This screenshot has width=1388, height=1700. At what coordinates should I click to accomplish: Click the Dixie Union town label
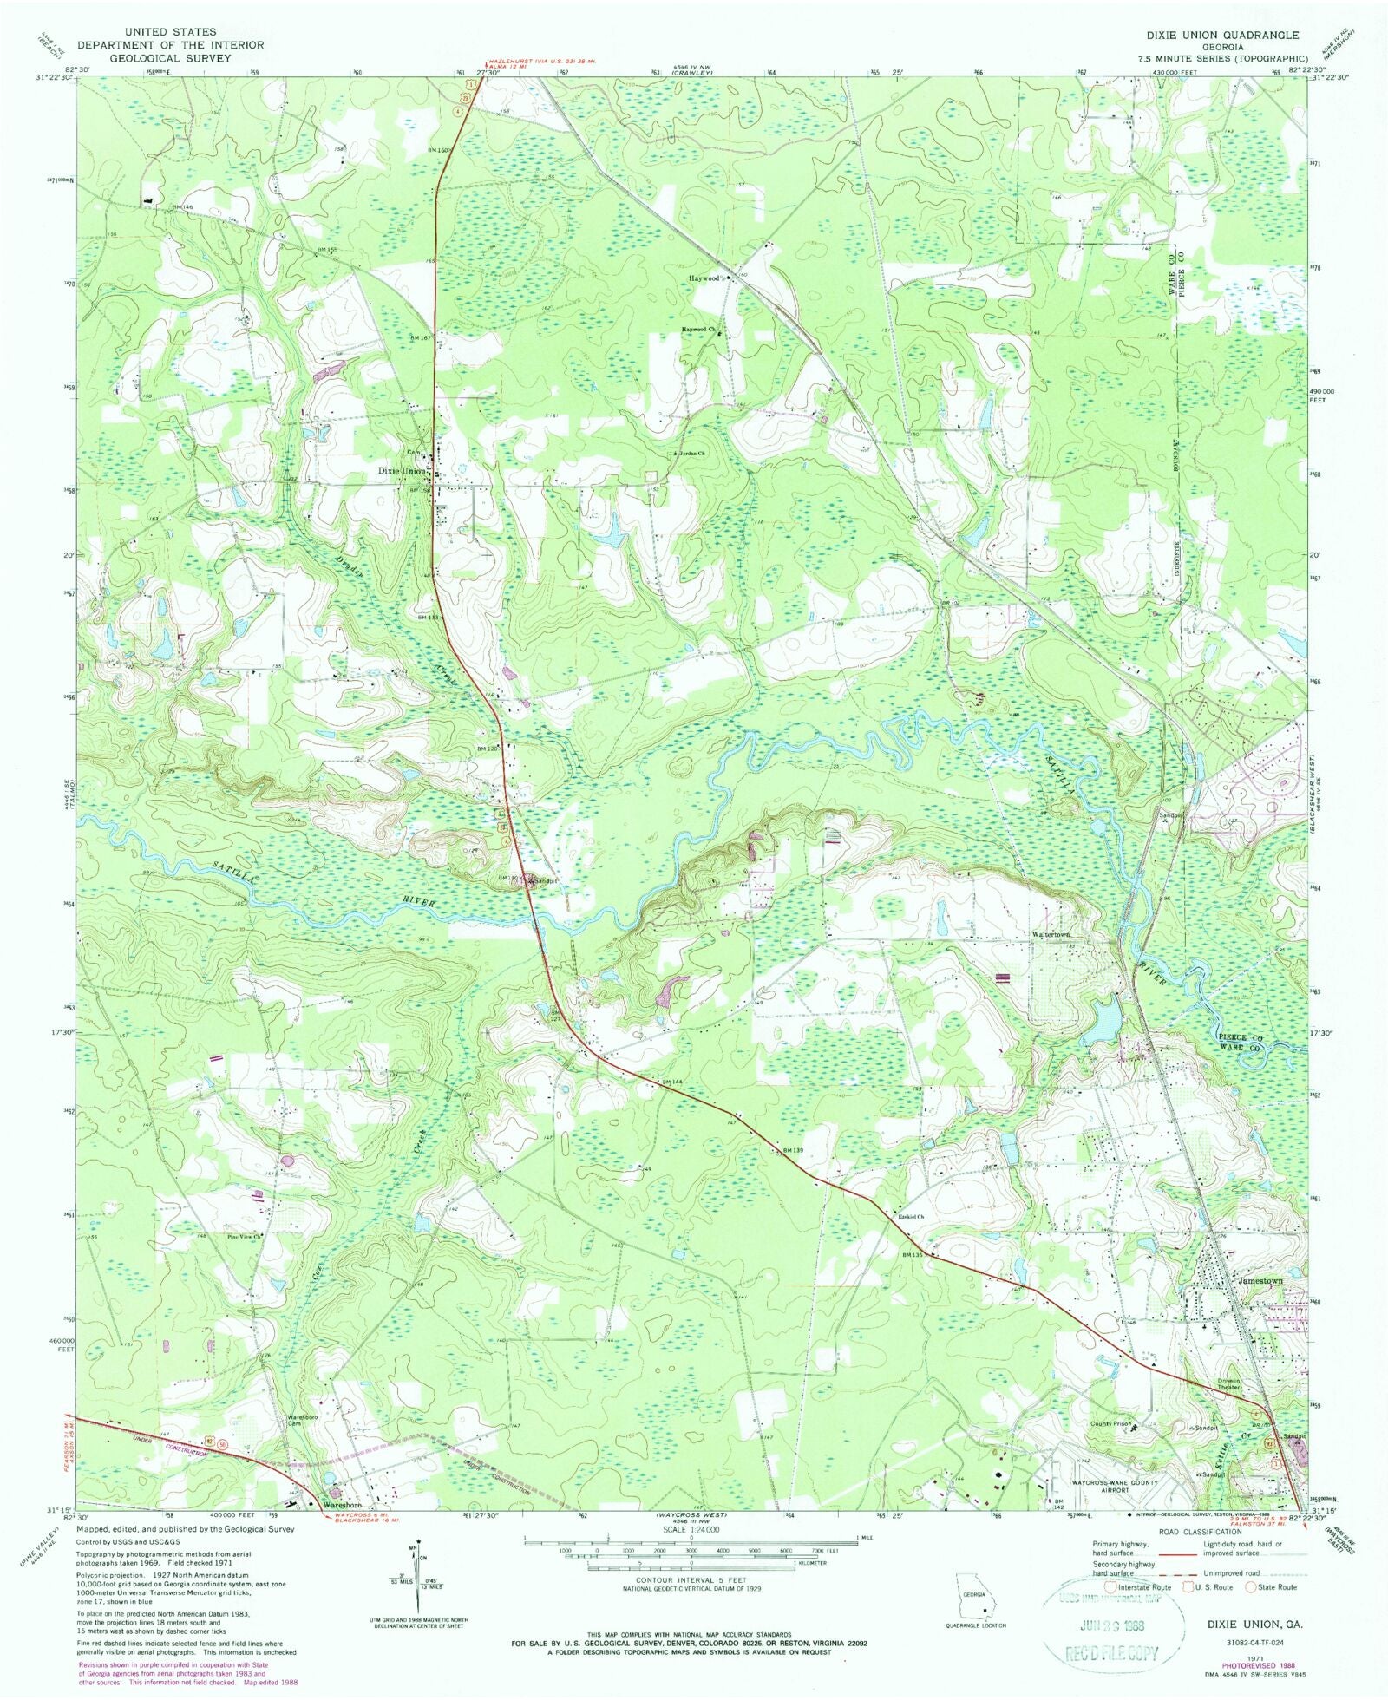[x=401, y=471]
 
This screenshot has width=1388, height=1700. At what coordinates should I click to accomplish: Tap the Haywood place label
[x=704, y=278]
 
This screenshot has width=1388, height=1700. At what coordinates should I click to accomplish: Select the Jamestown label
[x=1260, y=1281]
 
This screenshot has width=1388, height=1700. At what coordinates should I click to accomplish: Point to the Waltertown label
[x=1053, y=935]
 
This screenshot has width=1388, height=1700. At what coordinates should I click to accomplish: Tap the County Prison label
[x=1111, y=1423]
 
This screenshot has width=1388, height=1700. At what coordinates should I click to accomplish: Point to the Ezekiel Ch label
[x=911, y=1216]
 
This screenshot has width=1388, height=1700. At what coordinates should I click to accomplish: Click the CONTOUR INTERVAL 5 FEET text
[x=691, y=1579]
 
